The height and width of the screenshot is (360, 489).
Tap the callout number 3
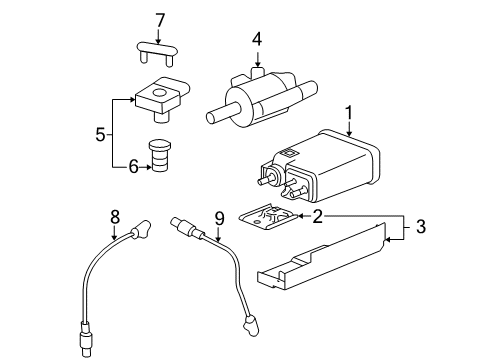pyautogui.click(x=421, y=227)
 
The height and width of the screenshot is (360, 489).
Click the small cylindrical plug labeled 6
pyautogui.click(x=160, y=156)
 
